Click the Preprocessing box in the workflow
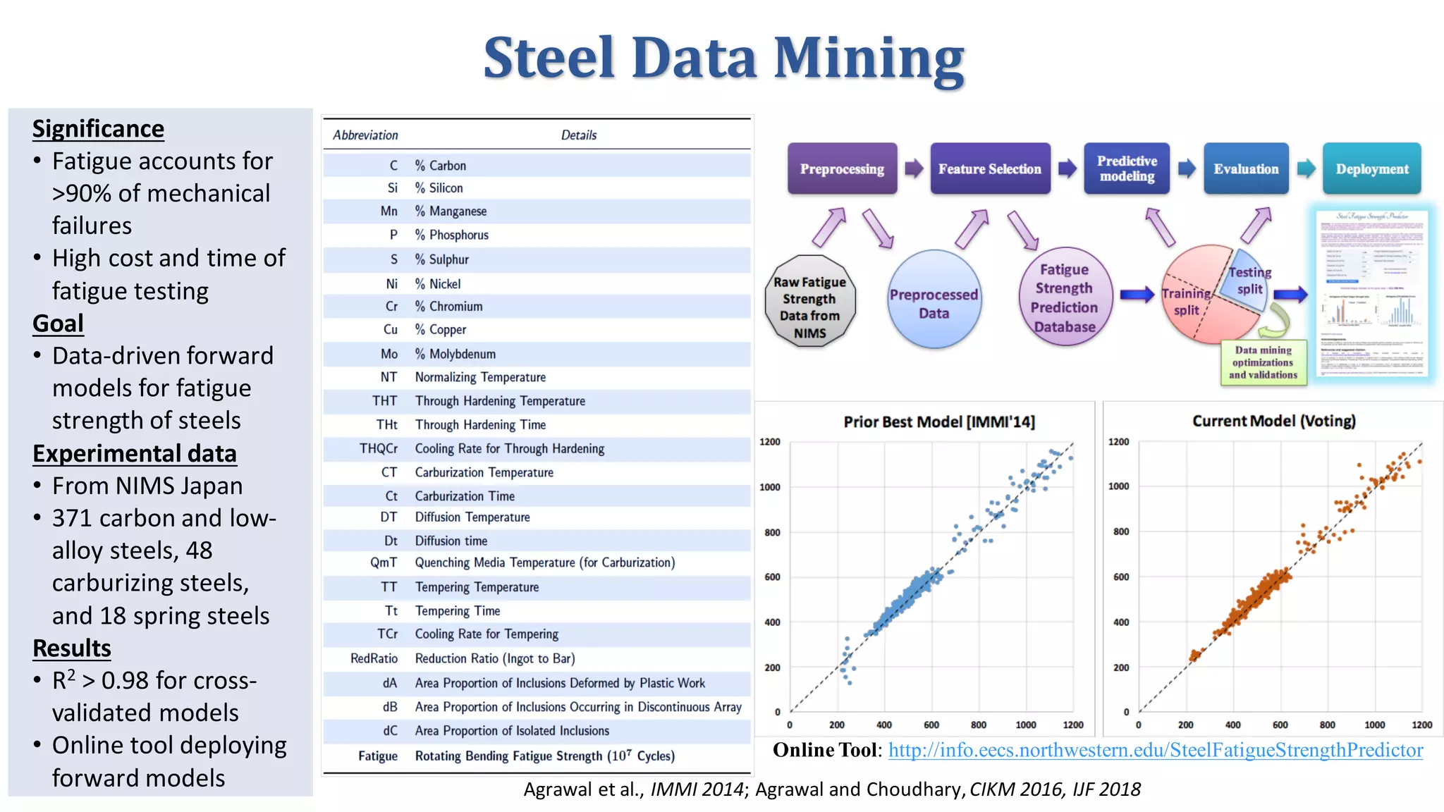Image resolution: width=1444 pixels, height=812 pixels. (x=842, y=169)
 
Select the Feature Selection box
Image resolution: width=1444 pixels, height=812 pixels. (x=989, y=169)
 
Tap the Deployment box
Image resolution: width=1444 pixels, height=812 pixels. (x=1371, y=169)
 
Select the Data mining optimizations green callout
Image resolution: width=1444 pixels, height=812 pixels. (x=1263, y=362)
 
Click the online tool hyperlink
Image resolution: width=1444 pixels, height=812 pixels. (x=1155, y=750)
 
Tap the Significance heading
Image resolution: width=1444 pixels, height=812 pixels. (x=98, y=129)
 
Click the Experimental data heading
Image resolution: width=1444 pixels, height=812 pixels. (x=134, y=453)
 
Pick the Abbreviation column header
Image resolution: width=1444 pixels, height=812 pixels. (x=365, y=135)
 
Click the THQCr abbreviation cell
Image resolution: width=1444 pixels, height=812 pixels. (x=379, y=449)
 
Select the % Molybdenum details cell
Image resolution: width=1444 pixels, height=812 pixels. (x=455, y=354)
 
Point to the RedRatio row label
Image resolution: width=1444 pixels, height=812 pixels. (x=374, y=658)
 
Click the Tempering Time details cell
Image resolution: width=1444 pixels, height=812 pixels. (x=457, y=611)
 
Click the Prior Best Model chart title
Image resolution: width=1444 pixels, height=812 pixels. (x=939, y=422)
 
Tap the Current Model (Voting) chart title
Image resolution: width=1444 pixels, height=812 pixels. (x=1273, y=422)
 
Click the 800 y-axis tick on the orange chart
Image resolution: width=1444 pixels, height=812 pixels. (x=1120, y=531)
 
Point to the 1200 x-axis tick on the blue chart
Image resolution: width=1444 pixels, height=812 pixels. (x=1072, y=725)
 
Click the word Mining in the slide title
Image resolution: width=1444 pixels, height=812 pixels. (x=869, y=58)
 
